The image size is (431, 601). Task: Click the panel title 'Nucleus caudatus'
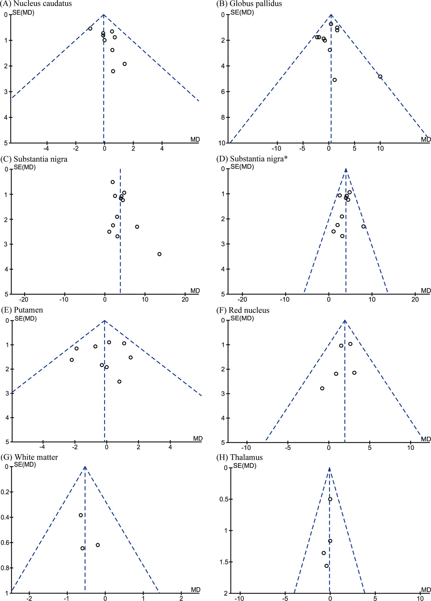coord(42,4)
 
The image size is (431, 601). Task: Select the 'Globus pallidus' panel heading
coord(256,4)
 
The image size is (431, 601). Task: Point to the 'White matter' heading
coord(36,457)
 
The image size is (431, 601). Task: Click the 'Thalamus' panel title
coord(246,457)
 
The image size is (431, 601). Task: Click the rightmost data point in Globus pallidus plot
coord(380,77)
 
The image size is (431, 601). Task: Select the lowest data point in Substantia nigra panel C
coord(159,254)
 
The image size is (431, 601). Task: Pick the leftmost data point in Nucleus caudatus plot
coord(90,28)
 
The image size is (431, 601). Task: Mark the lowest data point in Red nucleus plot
coord(322,388)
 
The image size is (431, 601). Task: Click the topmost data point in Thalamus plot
coord(330,499)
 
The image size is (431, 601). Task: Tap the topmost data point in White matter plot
coord(81,515)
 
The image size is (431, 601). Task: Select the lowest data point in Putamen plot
coord(119,382)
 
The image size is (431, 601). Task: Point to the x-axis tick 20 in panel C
coord(185,299)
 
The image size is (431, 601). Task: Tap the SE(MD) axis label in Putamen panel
coord(25,319)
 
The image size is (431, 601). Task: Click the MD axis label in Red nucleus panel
coord(426,439)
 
